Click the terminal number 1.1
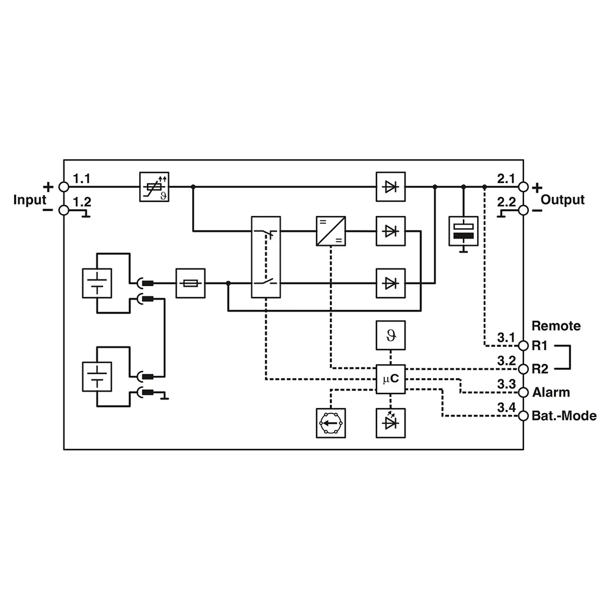tap(81, 179)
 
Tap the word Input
tap(30, 199)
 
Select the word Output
tap(562, 199)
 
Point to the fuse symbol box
tap(191, 283)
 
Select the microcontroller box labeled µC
tap(390, 379)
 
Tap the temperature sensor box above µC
tap(390, 334)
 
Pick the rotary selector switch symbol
tap(330, 423)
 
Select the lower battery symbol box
tap(97, 376)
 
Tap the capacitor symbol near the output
tap(464, 231)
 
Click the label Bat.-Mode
tap(564, 416)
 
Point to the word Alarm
tap(551, 392)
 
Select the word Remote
tap(556, 325)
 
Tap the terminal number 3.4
tap(506, 407)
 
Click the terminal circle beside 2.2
tap(523, 210)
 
